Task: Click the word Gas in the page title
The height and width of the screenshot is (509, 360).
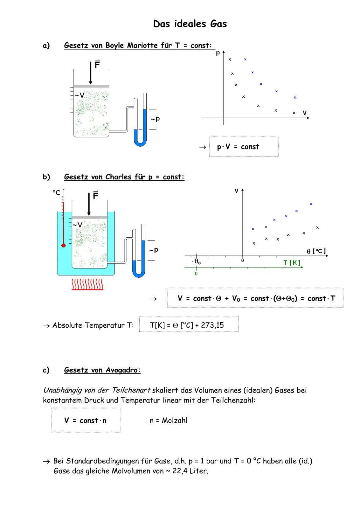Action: (218, 24)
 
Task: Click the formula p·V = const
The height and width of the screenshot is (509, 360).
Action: (238, 147)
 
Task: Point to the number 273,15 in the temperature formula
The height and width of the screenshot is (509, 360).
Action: (212, 325)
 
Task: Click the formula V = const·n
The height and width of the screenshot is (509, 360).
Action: (85, 421)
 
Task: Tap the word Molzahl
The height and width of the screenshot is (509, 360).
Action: (175, 421)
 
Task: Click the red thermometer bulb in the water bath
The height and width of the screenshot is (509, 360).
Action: (63, 245)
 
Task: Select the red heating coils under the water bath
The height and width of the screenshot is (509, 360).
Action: (87, 284)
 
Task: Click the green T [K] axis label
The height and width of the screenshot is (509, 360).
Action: (292, 263)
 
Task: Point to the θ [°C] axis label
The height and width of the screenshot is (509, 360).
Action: (316, 251)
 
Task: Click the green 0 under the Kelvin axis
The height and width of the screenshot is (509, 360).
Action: (196, 274)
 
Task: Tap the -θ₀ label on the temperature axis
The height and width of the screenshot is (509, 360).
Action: (196, 261)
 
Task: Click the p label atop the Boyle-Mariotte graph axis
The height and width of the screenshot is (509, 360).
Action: (218, 53)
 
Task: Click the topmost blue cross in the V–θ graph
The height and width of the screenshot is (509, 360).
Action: (311, 204)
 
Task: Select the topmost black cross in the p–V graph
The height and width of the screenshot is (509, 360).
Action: (230, 59)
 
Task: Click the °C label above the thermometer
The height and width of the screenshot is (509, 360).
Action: (56, 193)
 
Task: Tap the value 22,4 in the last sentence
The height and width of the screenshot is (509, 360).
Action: (180, 471)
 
